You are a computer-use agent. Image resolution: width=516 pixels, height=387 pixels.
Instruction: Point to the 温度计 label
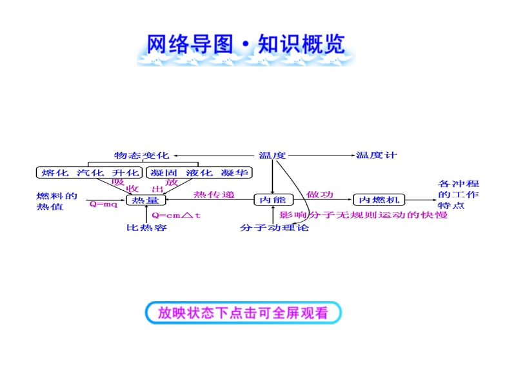pos(377,155)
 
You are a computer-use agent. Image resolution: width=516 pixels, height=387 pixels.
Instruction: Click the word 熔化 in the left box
pos(54,173)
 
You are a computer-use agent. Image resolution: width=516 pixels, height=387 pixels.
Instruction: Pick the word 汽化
pos(90,173)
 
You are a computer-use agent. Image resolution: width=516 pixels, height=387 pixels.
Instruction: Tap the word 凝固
pos(163,173)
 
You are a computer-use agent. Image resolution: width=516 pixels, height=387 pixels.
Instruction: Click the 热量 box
pos(145,201)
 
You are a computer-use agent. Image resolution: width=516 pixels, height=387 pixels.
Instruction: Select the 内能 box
pos(272,201)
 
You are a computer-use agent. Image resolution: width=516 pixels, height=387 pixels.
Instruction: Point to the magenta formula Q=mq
pos(103,204)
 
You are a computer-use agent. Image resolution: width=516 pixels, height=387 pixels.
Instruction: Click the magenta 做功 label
pos(321,195)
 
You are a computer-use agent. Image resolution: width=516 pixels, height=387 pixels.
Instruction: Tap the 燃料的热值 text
pos(56,201)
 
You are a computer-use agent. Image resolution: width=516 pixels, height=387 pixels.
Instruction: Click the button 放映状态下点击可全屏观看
pos(243,313)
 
